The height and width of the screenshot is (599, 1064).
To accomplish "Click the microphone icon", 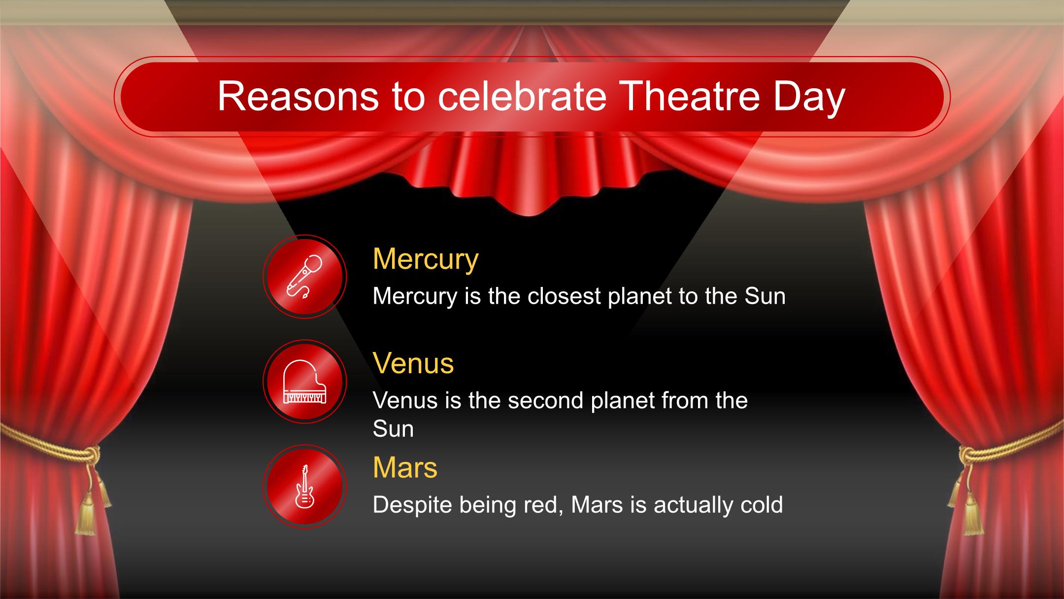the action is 304,277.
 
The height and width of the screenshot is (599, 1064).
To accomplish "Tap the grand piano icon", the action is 304,382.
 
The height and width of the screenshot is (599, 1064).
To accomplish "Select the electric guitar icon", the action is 304,486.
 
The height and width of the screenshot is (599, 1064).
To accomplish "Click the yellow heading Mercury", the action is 426,259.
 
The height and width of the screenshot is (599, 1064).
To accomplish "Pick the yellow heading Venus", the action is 413,363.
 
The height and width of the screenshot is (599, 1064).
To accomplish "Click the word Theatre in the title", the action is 686,96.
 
